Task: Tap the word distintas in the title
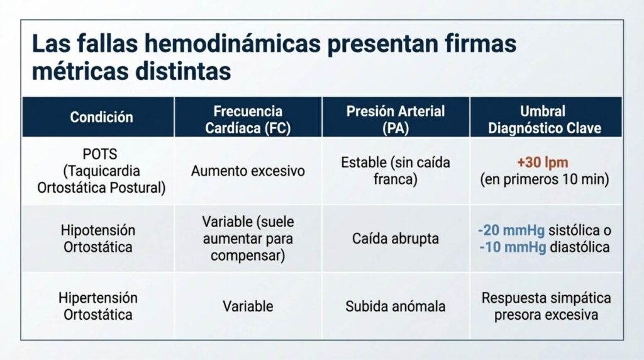[x=183, y=71]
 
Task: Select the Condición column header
[x=101, y=117]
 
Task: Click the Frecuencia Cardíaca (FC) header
[x=248, y=120]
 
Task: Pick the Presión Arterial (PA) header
[x=396, y=120]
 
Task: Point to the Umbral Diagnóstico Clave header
[x=545, y=120]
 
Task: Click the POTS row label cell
[x=101, y=171]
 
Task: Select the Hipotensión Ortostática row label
[x=98, y=239]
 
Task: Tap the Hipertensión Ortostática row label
[x=98, y=306]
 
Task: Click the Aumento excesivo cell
[x=248, y=171]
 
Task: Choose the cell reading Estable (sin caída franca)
[x=396, y=171]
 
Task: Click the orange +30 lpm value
[x=543, y=163]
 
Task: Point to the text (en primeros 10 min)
[x=545, y=179]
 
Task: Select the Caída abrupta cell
[x=396, y=239]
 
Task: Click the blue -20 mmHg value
[x=511, y=230]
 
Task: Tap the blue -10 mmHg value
[x=513, y=247]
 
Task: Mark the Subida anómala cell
[x=396, y=306]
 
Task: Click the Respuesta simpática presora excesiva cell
[x=547, y=306]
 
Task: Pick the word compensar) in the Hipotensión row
[x=248, y=256]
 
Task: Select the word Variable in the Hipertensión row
[x=248, y=306]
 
